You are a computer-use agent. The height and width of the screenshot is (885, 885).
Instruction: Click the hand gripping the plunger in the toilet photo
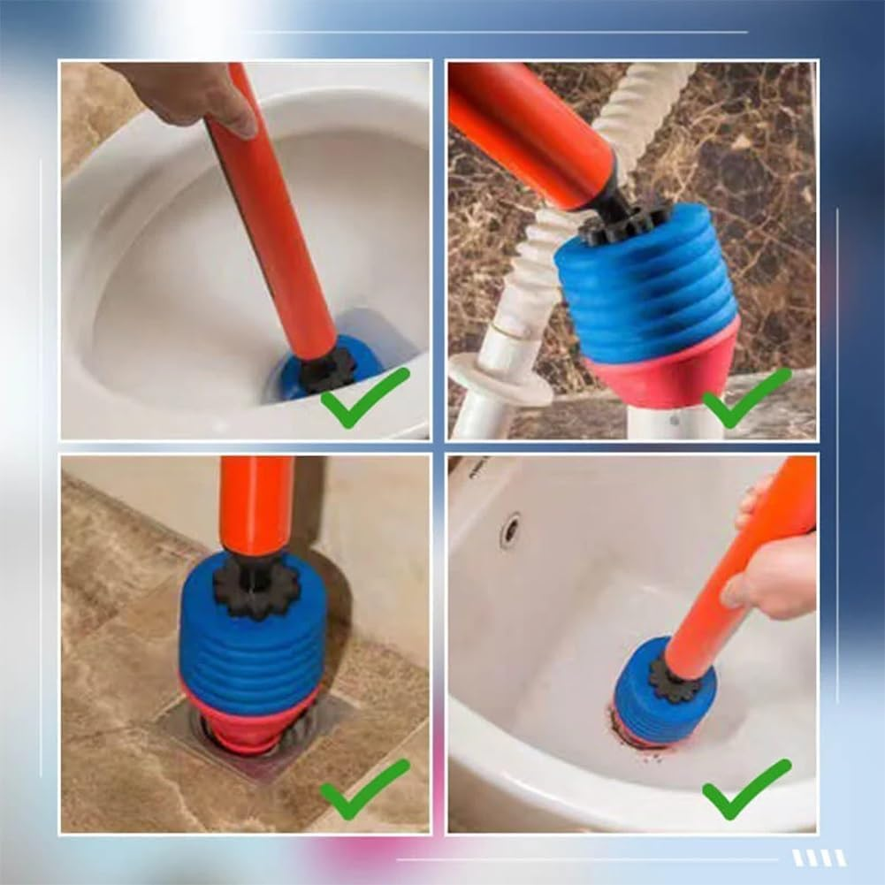(x=190, y=92)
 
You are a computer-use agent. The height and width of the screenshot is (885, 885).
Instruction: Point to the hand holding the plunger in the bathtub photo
(x=767, y=575)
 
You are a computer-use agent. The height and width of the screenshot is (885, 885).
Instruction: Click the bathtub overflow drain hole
(x=510, y=530)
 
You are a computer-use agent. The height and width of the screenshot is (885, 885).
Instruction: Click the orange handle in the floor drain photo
(x=256, y=504)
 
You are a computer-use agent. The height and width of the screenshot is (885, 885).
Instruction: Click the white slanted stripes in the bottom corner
(x=819, y=858)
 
